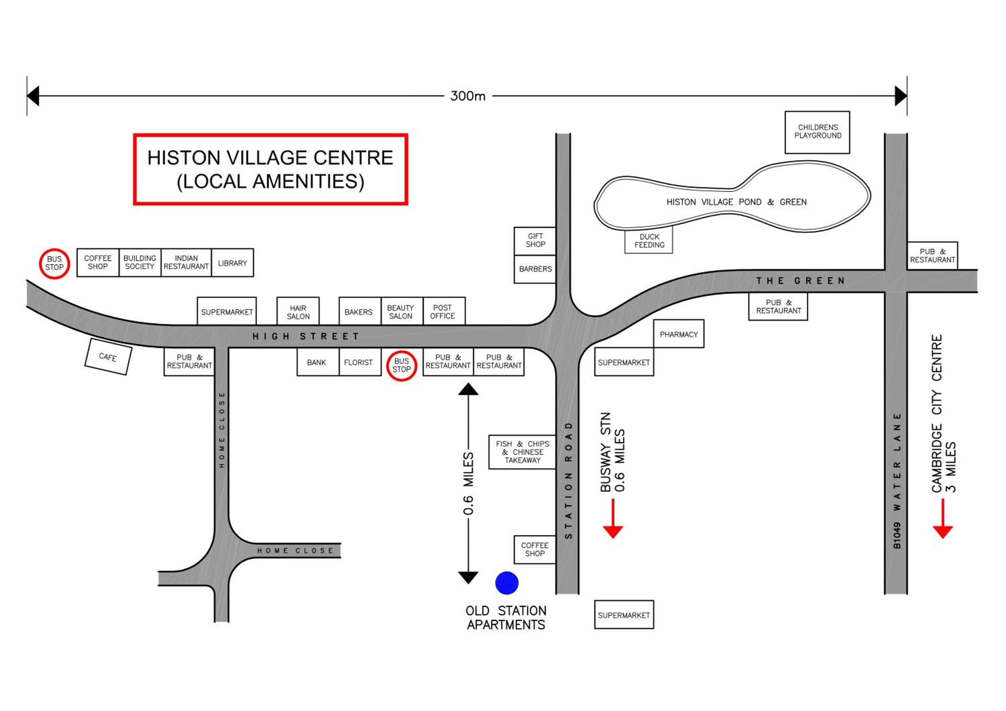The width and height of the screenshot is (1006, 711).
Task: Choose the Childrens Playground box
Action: coord(817,132)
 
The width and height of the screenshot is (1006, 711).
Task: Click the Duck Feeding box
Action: coord(649,240)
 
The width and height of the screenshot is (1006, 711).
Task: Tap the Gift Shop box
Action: coord(535,240)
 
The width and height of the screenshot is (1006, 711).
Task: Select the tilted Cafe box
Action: coord(108,357)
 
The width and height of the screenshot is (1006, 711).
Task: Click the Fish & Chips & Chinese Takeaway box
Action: coord(522,452)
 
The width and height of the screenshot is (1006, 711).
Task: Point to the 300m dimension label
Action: coord(468,96)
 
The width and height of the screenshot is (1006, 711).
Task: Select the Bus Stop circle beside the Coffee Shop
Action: coord(54,263)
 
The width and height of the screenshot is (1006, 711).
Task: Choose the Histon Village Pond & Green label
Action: coord(736,202)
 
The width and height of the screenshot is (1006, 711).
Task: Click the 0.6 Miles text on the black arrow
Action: coord(468,483)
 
